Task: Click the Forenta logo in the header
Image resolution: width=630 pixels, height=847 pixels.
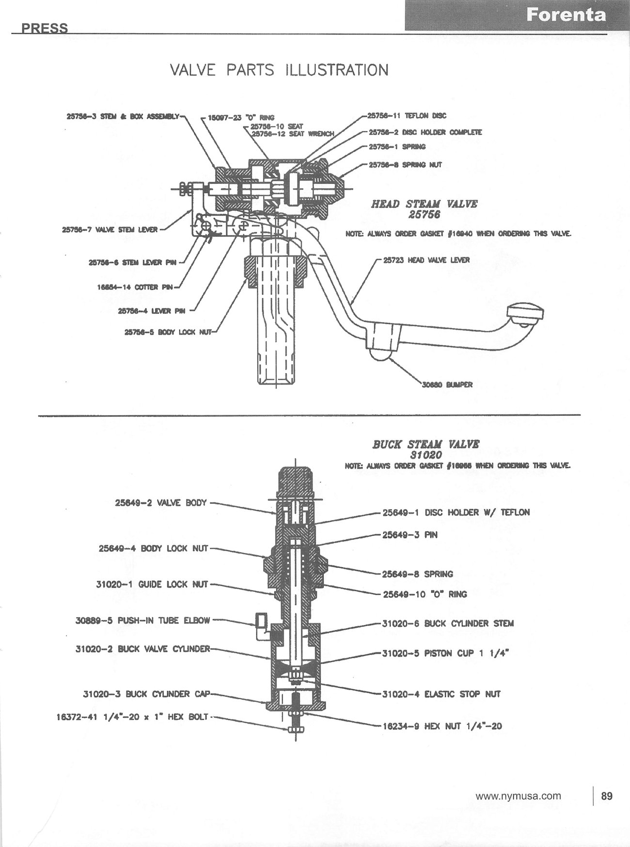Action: (x=566, y=15)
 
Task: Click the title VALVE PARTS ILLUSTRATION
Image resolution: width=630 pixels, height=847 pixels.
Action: (x=279, y=70)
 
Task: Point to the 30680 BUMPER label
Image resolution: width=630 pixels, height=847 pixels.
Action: (x=447, y=385)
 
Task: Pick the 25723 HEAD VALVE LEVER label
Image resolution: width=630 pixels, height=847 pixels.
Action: (x=426, y=260)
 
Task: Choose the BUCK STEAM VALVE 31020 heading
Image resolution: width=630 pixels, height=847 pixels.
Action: (x=426, y=449)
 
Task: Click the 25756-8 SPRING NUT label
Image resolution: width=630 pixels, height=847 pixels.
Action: (x=405, y=165)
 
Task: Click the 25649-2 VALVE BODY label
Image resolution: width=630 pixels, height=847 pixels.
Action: (x=160, y=503)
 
